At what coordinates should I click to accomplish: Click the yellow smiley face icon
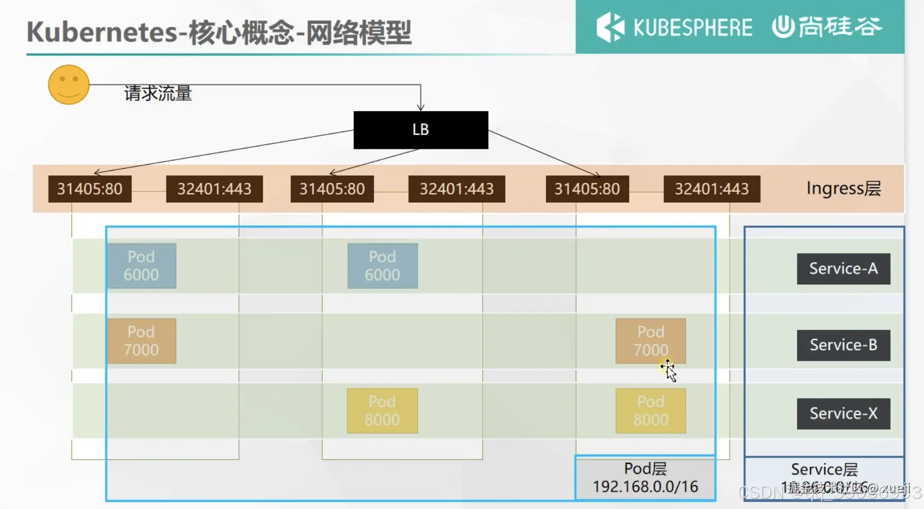point(69,84)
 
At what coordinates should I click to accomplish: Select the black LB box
point(420,130)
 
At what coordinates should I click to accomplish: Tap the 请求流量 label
point(158,93)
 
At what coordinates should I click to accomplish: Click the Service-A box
point(843,269)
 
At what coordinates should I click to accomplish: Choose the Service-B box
point(843,345)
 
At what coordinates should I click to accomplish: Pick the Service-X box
point(843,413)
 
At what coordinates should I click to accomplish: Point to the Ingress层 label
point(843,188)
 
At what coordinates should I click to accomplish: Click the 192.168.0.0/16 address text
point(645,487)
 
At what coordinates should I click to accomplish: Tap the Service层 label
point(824,469)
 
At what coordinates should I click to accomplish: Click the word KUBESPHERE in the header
point(692,27)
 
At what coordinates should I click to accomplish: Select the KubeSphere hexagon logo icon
point(610,27)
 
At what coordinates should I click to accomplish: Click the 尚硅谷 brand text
point(840,26)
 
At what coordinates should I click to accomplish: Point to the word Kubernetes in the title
point(102,32)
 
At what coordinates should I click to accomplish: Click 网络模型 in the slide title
point(358,32)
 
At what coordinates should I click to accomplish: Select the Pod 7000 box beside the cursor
point(650,341)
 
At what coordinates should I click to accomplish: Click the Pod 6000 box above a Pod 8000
point(382,266)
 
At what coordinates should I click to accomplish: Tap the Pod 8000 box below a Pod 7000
point(650,411)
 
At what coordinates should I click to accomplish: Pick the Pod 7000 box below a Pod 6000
point(141,341)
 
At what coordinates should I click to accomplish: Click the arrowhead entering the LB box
point(420,107)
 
